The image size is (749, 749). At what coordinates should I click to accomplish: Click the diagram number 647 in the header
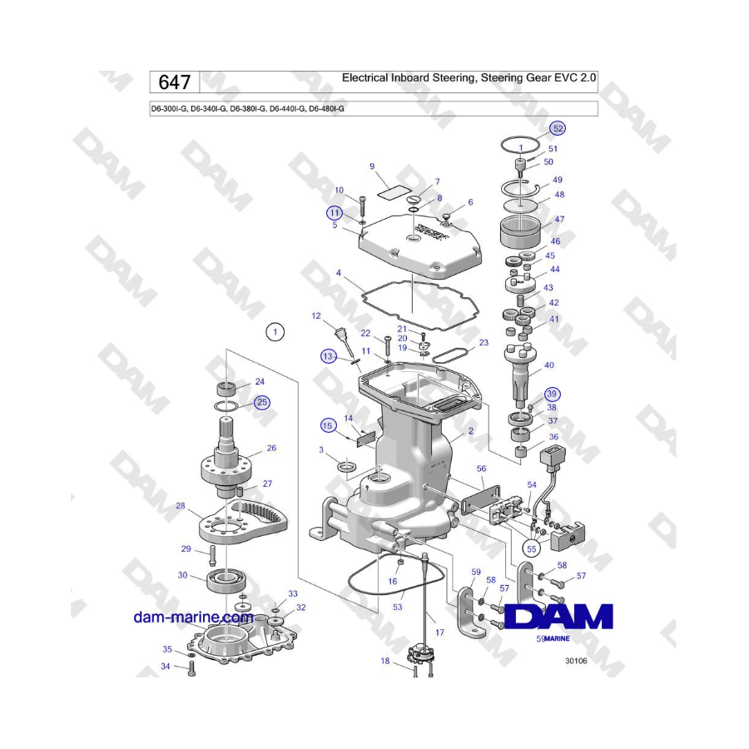175,82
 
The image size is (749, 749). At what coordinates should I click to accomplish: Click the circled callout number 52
558,128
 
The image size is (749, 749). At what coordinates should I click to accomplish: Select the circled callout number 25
262,402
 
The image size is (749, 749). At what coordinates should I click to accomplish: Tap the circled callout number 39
552,394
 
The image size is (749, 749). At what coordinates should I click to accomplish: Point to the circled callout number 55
532,549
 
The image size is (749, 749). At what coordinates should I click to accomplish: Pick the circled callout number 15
327,425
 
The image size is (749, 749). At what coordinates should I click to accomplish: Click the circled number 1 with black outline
275,331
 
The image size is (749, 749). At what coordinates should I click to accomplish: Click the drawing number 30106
576,661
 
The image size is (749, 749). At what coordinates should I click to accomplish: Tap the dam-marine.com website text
193,618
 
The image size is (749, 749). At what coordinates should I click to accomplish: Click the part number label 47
559,219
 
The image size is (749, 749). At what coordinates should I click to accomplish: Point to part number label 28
180,505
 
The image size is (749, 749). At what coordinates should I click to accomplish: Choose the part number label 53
398,608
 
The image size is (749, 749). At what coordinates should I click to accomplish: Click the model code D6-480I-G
326,109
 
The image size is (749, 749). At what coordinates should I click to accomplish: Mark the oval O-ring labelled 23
449,355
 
